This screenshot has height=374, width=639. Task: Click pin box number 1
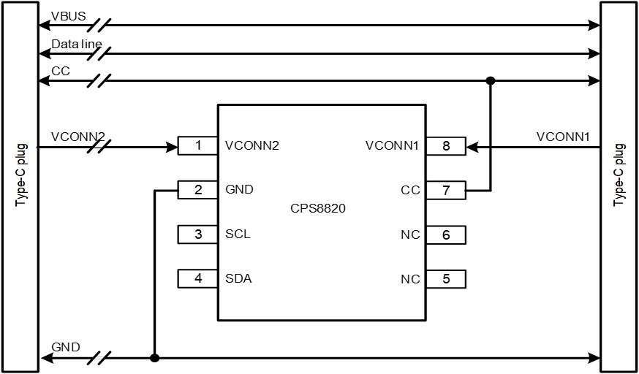pos(197,146)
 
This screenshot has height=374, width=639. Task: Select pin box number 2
pos(197,190)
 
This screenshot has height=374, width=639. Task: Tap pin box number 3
pos(197,234)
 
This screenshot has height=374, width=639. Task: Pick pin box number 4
pos(197,278)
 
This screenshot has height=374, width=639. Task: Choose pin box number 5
pos(446,279)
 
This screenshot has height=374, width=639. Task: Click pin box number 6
pos(446,235)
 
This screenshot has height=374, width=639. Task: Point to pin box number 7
pos(446,191)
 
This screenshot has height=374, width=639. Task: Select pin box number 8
pos(446,146)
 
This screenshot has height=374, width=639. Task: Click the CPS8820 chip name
pos(318,209)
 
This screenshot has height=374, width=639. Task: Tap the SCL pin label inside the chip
pos(238,234)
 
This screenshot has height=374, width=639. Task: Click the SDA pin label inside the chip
pos(238,278)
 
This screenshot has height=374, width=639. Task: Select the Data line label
pos(76,45)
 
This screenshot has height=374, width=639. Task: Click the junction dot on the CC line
pos(491,80)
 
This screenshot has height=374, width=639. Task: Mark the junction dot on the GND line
pos(154,358)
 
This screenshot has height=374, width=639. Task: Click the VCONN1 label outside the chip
pos(562,137)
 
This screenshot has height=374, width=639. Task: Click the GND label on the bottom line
pos(66,347)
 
